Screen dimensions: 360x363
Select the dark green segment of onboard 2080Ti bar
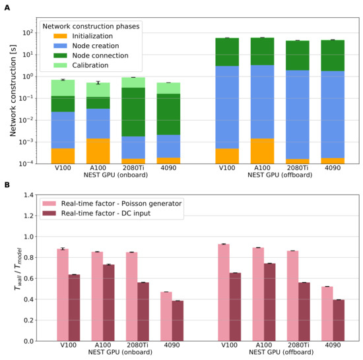coord(133,112)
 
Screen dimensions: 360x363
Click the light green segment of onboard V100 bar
coord(63,88)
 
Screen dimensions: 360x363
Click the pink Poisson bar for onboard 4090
coord(166,316)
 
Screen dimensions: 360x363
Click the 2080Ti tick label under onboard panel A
coord(133,169)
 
